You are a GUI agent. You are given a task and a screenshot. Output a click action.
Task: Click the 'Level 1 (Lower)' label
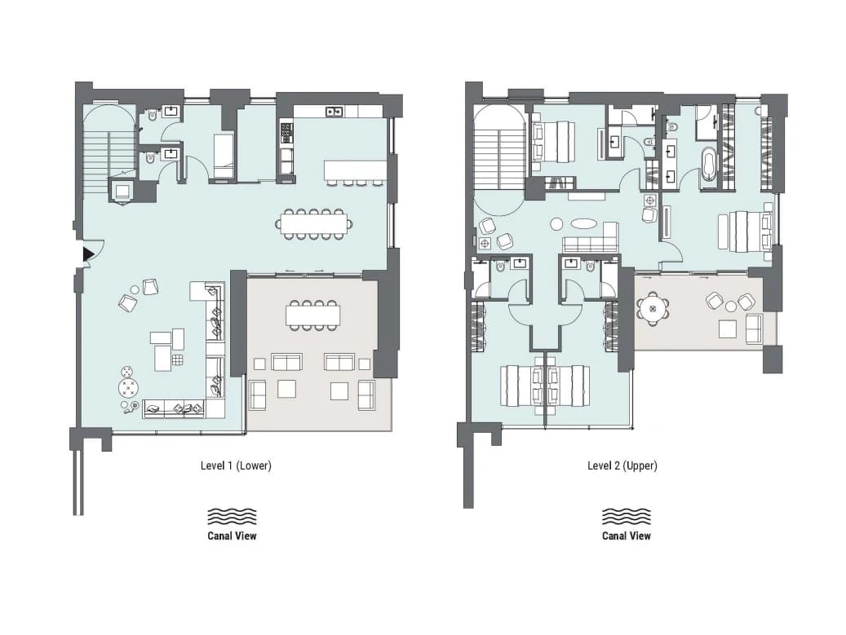pos(236,465)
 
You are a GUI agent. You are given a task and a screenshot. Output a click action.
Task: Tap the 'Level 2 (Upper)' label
pos(622,465)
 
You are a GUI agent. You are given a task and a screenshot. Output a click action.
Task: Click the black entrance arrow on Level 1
pos(87,255)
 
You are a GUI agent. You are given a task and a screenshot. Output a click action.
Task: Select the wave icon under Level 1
pos(232,516)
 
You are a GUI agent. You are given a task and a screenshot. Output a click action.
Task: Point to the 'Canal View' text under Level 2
pos(627,536)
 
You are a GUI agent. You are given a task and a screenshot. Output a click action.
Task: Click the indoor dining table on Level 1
pos(313,223)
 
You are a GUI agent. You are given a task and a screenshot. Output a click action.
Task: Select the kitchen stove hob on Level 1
pos(286,133)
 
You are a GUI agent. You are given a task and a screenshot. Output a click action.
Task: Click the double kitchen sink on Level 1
pos(334,111)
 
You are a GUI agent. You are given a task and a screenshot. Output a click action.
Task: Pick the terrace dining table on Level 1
pos(313,315)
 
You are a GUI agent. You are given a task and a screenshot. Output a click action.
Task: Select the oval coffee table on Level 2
pos(584,223)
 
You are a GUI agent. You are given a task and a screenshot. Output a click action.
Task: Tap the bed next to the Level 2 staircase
pos(552,142)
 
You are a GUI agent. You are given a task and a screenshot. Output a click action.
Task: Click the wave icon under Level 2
pos(627,516)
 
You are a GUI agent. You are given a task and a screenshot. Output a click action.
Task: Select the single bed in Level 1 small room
pos(224,156)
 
